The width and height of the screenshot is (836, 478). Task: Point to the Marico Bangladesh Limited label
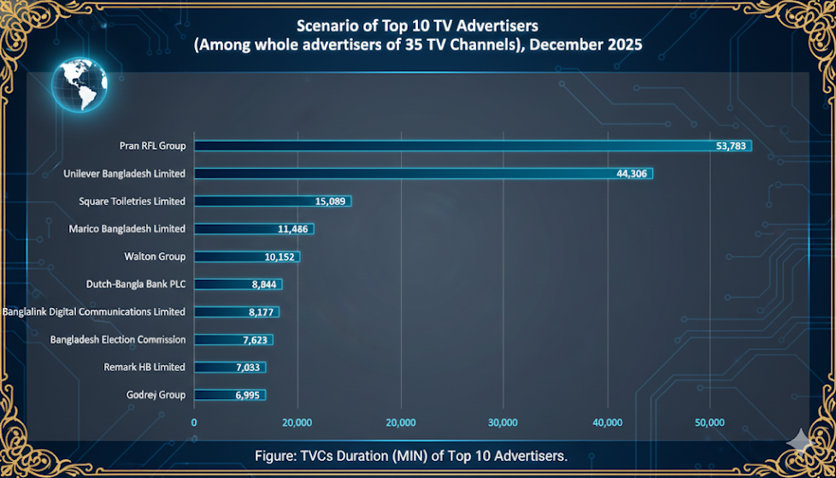pyautogui.click(x=127, y=229)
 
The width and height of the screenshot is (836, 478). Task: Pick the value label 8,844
pyautogui.click(x=263, y=285)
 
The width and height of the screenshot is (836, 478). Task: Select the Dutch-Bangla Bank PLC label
pyautogui.click(x=136, y=284)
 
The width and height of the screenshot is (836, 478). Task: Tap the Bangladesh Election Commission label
pyautogui.click(x=118, y=339)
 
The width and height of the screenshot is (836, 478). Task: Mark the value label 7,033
pyautogui.click(x=248, y=368)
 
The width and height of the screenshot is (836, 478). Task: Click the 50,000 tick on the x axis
pyautogui.click(x=710, y=422)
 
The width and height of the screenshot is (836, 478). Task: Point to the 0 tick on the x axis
pyautogui.click(x=194, y=422)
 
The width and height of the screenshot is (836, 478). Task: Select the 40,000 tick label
pyautogui.click(x=607, y=422)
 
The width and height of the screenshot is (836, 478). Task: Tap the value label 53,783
pyautogui.click(x=732, y=146)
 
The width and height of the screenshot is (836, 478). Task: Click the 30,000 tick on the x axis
pyautogui.click(x=503, y=422)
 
